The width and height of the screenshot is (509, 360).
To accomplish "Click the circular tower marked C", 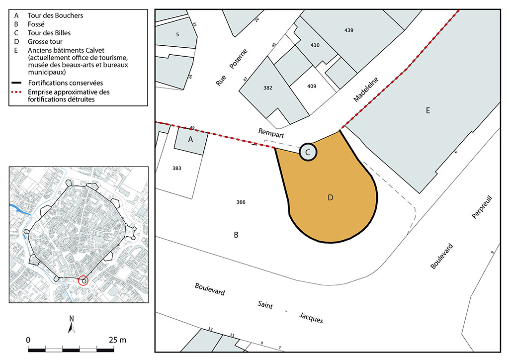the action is click(308, 152).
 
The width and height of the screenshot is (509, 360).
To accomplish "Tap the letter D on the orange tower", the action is click(331, 198).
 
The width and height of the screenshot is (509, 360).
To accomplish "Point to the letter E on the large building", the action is click(428, 111).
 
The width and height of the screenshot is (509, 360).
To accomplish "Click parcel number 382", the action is click(268, 88).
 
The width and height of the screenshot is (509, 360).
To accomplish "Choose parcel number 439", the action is click(348, 30).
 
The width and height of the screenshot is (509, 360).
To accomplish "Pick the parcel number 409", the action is click(312, 86).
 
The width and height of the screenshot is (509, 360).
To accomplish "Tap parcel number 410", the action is click(315, 45).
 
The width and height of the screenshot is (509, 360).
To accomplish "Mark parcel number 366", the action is click(241, 202).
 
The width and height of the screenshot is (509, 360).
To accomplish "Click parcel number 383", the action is click(177, 168).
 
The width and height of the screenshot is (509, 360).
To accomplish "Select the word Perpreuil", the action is click(482, 207).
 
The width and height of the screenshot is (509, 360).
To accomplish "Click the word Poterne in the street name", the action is click(238, 59).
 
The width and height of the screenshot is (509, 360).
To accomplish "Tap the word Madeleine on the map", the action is click(366, 90).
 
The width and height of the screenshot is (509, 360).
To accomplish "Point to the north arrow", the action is click(72, 324).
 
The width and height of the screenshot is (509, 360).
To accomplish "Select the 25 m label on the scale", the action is click(117, 340).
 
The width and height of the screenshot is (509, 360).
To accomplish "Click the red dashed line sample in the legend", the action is click(16, 92).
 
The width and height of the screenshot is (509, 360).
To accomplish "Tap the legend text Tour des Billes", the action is click(49, 33).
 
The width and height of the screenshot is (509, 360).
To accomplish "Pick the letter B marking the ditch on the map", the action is click(236, 235).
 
